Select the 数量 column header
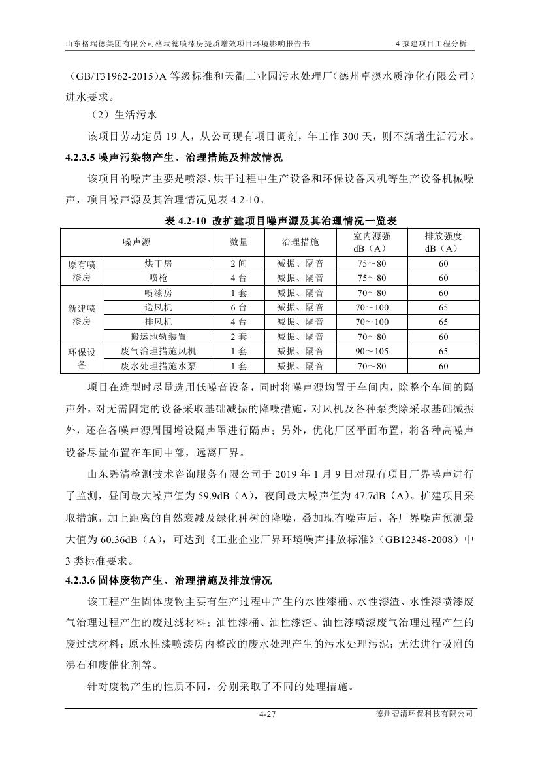coord(239,242)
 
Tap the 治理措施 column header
coord(300,242)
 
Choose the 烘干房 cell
coord(158,263)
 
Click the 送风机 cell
coord(158,307)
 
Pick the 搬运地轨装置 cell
coord(158,337)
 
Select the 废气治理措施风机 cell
coord(158,351)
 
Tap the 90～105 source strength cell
coord(372,351)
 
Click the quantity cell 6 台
coord(239,307)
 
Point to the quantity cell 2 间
coord(239,263)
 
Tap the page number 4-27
coord(269,714)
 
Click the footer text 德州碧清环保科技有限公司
coord(421,714)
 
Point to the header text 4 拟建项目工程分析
coord(432,44)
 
